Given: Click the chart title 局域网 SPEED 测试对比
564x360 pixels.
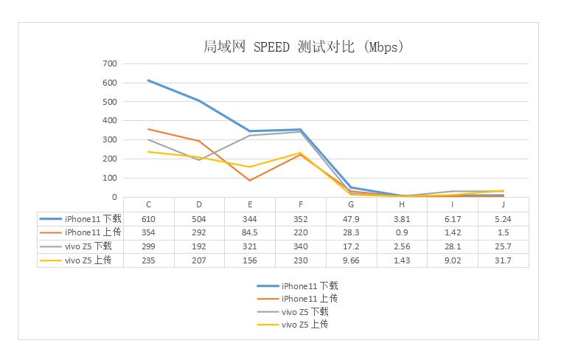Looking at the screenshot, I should coord(302,47).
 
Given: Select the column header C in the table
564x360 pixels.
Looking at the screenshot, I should coord(149,204).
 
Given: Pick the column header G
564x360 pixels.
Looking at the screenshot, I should coord(351,204).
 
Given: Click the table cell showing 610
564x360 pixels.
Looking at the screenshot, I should coord(149,219).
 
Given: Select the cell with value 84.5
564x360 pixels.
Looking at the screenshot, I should coord(250,232).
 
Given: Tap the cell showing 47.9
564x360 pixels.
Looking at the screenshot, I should coord(351,219).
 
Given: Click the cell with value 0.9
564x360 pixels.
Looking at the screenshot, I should coord(401,232).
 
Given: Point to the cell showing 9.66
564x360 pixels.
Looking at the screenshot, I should coord(351,260).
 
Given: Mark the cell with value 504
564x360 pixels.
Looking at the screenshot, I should coord(199,219).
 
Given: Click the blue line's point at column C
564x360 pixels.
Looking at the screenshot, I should coord(149,80).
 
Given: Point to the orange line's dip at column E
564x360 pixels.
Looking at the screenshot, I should coord(250,181).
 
